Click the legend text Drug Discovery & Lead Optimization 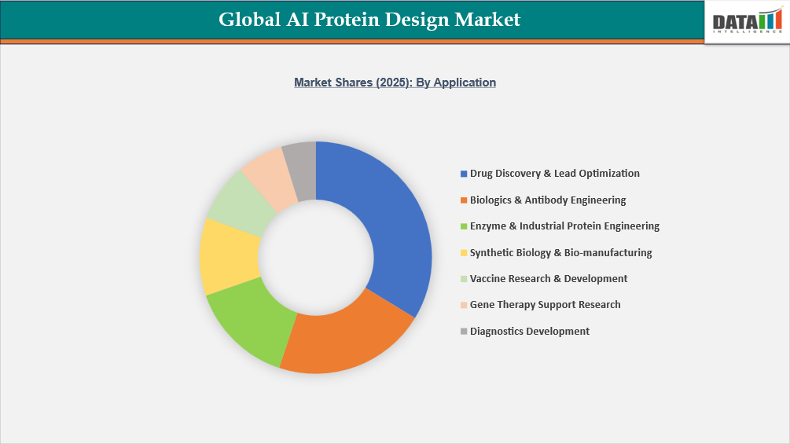[x=554, y=174]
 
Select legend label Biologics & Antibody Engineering [x=548, y=200]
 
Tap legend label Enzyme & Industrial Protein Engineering [x=564, y=226]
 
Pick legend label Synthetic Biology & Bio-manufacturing [x=560, y=253]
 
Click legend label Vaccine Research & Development [x=549, y=279]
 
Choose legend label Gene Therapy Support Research [x=545, y=305]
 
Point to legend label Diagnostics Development [x=529, y=332]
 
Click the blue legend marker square [x=463, y=174]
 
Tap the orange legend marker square [x=463, y=200]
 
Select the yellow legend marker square [x=463, y=253]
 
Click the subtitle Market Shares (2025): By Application [x=395, y=83]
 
